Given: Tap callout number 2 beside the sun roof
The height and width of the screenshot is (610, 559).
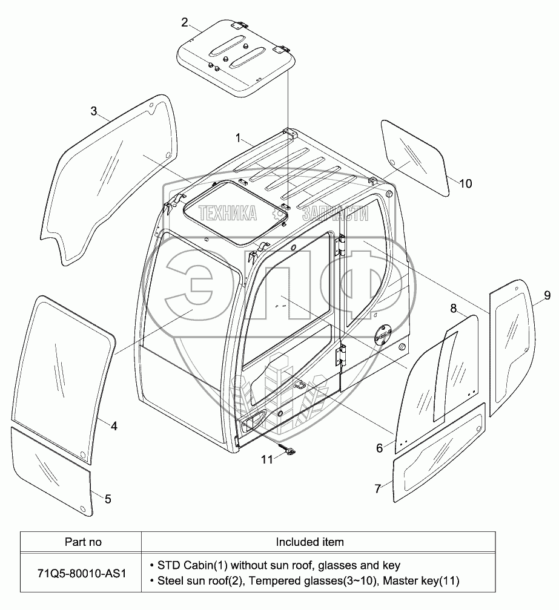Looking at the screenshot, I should (184, 22).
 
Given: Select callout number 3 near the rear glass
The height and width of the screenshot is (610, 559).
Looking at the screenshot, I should (94, 111).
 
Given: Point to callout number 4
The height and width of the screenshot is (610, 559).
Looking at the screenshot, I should (113, 425).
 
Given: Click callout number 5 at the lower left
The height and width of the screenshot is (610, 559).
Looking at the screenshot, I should (108, 499).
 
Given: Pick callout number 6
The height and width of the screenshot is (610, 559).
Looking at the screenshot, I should (380, 448).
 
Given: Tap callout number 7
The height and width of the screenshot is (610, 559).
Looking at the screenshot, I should (378, 488).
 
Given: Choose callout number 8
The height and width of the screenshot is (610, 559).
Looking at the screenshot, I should (453, 309).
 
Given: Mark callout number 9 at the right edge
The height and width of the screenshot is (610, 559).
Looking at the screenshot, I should (546, 295).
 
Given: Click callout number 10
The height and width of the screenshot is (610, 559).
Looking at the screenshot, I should (465, 183).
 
